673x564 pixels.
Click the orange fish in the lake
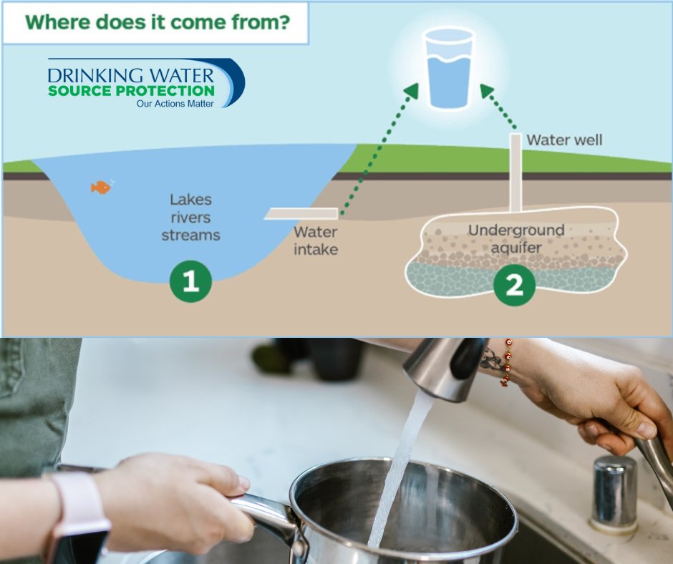pyautogui.click(x=101, y=188)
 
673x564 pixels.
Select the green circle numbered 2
pyautogui.click(x=514, y=284)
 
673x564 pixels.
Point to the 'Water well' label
pyautogui.click(x=564, y=140)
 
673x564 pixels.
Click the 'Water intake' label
pyautogui.click(x=316, y=240)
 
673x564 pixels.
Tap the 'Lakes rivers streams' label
pyautogui.click(x=190, y=217)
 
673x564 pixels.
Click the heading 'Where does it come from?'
pyautogui.click(x=157, y=22)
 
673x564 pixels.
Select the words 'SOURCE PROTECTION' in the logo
pyautogui.click(x=131, y=91)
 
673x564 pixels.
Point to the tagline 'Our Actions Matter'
pyautogui.click(x=175, y=104)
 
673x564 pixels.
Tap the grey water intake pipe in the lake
pyautogui.click(x=301, y=213)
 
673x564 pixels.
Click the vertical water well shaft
pyautogui.click(x=515, y=172)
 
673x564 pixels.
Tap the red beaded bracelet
pyautogui.click(x=508, y=362)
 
